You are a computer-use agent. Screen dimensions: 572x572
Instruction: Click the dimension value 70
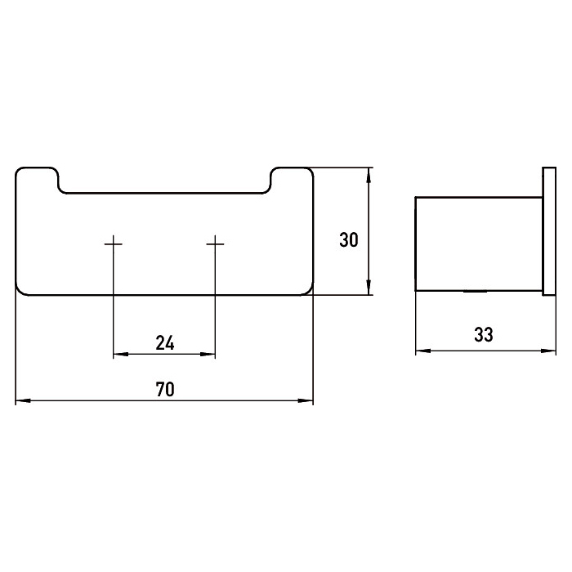[x=165, y=389]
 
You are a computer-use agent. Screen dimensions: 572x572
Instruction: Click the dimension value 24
[x=165, y=342]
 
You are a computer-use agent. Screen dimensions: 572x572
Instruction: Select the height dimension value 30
[x=349, y=240]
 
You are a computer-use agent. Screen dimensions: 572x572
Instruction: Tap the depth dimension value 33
[x=485, y=335]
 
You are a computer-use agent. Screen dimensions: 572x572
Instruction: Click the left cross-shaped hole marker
[x=114, y=243]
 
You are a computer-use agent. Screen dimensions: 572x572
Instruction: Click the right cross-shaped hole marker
[x=215, y=243]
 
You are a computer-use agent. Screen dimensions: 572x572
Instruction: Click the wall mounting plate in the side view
[x=548, y=231]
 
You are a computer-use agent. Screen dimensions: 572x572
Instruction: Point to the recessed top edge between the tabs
[x=165, y=194]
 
